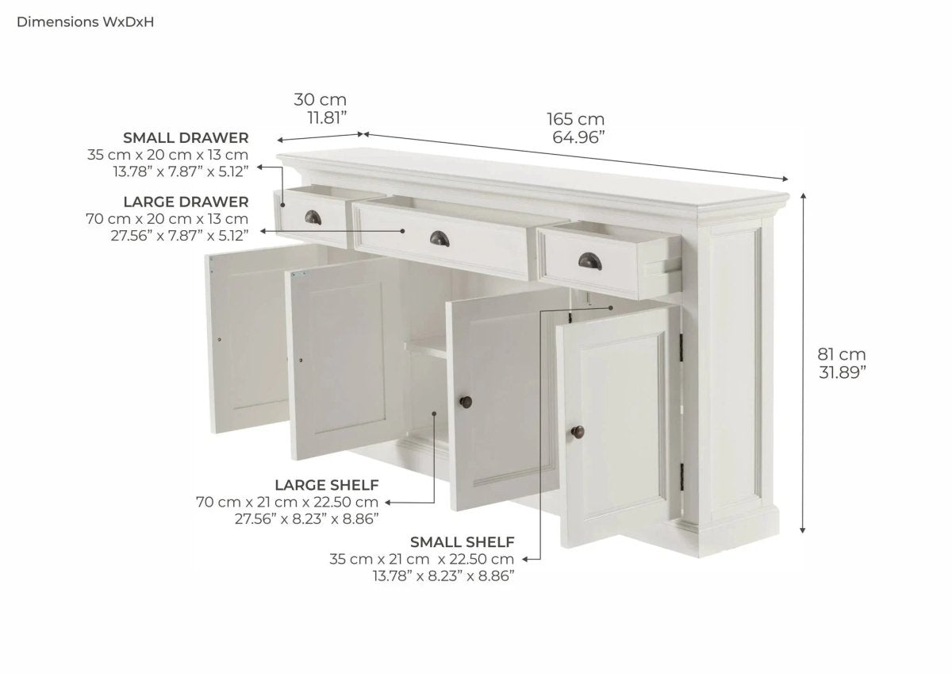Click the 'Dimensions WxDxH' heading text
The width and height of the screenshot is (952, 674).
click(85, 22)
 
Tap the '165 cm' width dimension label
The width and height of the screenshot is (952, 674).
click(575, 119)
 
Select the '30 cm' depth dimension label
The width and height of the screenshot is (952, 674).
click(320, 99)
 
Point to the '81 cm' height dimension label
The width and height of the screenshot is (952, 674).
click(842, 354)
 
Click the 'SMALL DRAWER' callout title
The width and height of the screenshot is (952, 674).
click(186, 138)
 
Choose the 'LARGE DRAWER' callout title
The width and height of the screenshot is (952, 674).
click(186, 202)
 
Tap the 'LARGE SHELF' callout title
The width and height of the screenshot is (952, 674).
click(326, 485)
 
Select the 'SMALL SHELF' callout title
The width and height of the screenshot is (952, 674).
click(462, 542)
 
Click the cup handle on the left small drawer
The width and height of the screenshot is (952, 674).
click(313, 218)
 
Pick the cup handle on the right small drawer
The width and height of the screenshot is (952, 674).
click(590, 260)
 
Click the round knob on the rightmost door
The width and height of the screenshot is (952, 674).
click(578, 432)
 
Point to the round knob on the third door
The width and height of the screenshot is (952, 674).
click(466, 402)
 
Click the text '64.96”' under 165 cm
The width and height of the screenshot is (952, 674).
click(578, 138)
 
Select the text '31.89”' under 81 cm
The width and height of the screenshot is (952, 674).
click(843, 372)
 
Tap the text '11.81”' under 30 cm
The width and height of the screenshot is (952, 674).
click(327, 118)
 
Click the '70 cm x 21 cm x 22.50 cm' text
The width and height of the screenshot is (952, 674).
click(287, 503)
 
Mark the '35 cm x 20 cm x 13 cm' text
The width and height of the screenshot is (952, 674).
click(168, 155)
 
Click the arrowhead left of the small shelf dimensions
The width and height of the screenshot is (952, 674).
click(525, 559)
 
